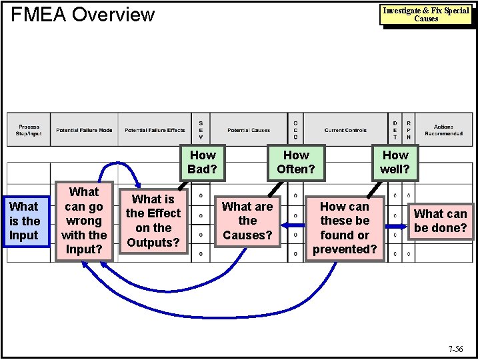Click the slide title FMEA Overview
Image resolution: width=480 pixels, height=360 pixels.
(x=83, y=15)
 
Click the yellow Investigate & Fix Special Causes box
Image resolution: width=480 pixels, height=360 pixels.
(x=426, y=15)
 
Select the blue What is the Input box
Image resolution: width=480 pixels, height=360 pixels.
(x=25, y=221)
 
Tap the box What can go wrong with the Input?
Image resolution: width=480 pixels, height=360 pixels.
(x=84, y=221)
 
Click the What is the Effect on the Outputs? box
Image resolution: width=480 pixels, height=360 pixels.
(x=153, y=221)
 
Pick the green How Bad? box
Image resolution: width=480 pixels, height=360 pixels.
(x=202, y=162)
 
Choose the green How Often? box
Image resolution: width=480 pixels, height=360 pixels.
(x=295, y=162)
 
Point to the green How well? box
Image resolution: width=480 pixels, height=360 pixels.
(x=395, y=162)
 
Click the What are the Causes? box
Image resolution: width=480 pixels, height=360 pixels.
(x=247, y=221)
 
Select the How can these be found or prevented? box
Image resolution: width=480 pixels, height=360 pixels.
(x=345, y=228)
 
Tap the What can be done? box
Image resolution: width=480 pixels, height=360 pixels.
(x=440, y=221)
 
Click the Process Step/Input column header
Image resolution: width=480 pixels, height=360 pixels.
(x=29, y=130)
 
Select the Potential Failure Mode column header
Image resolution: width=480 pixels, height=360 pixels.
(x=84, y=130)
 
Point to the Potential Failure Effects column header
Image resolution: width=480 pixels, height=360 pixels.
(x=155, y=130)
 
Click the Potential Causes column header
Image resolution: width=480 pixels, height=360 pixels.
(x=248, y=130)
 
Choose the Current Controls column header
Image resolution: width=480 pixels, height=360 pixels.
(x=345, y=130)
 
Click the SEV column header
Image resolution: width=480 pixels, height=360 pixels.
(x=201, y=130)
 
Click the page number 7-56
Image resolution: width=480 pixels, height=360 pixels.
(x=456, y=349)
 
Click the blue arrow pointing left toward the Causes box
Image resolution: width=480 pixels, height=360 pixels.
(x=293, y=226)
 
